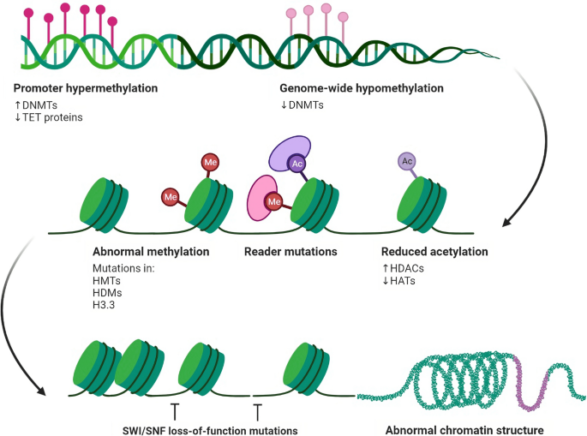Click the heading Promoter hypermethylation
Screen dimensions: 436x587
(86, 88)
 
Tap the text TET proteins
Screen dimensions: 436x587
(52, 117)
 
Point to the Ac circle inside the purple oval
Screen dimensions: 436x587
(296, 163)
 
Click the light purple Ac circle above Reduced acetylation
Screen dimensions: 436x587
(407, 161)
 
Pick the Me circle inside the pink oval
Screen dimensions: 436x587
(275, 202)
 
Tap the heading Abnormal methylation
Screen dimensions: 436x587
(150, 252)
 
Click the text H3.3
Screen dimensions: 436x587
(105, 307)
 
